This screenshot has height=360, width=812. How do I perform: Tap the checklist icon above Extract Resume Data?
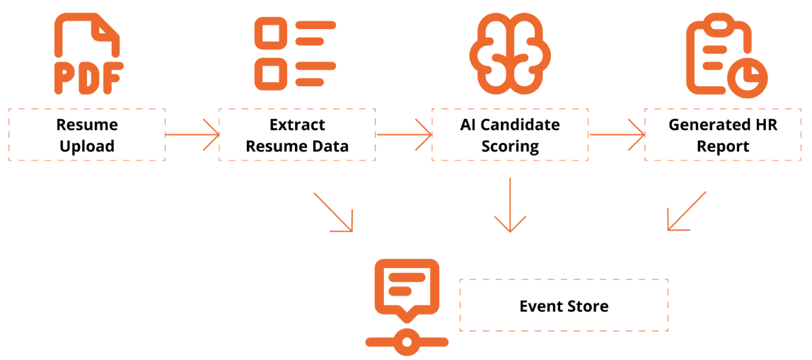pyautogui.click(x=295, y=53)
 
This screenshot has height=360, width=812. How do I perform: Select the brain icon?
pyautogui.click(x=510, y=54)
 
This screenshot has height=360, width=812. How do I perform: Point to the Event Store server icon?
pyautogui.click(x=407, y=304)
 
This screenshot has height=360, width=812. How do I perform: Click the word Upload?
pyautogui.click(x=87, y=146)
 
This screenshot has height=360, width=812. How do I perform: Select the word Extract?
pyautogui.click(x=297, y=124)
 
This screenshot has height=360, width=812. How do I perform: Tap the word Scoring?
pyautogui.click(x=510, y=146)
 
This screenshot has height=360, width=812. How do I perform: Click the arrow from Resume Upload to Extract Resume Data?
pyautogui.click(x=192, y=134)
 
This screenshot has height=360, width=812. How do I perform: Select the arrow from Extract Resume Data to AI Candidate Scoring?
pyautogui.click(x=404, y=134)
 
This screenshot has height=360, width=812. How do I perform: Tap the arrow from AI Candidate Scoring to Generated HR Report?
pyautogui.click(x=616, y=134)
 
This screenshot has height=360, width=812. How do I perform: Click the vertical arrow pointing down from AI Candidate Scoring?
pyautogui.click(x=510, y=205)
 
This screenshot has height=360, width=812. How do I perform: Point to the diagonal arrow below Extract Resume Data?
pyautogui.click(x=332, y=211)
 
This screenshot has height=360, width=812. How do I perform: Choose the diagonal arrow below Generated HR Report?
pyautogui.click(x=687, y=211)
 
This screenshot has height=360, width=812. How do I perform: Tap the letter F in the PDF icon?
pyautogui.click(x=113, y=78)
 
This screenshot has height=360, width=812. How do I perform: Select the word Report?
pyautogui.click(x=722, y=146)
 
